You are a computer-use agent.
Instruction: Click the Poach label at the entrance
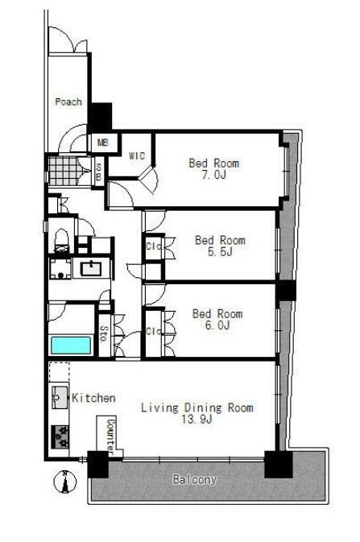coord(68,101)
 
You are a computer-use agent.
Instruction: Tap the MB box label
coord(103,142)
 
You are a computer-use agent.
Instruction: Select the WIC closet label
coord(137,155)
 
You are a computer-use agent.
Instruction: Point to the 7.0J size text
coord(213,175)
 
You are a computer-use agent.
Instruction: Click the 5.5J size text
coord(220,251)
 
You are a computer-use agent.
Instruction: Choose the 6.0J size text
coord(217,325)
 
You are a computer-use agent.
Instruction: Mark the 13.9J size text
coord(197,419)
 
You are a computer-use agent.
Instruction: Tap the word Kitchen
coord(93,398)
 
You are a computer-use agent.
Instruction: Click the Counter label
coord(110,436)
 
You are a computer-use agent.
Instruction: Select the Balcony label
coord(194,479)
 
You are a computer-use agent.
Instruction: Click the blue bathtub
coord(71,345)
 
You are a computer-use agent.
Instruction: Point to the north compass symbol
coord(64,482)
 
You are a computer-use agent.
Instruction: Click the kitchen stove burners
coord(60,436)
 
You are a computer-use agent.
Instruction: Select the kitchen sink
coord(60,398)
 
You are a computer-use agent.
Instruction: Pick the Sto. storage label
coord(103,333)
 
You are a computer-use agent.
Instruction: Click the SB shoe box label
coord(98,172)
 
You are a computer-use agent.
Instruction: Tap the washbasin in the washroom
coord(91,268)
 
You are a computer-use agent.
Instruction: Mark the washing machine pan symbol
coord(60,268)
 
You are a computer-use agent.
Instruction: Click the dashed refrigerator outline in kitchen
coord(59,372)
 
